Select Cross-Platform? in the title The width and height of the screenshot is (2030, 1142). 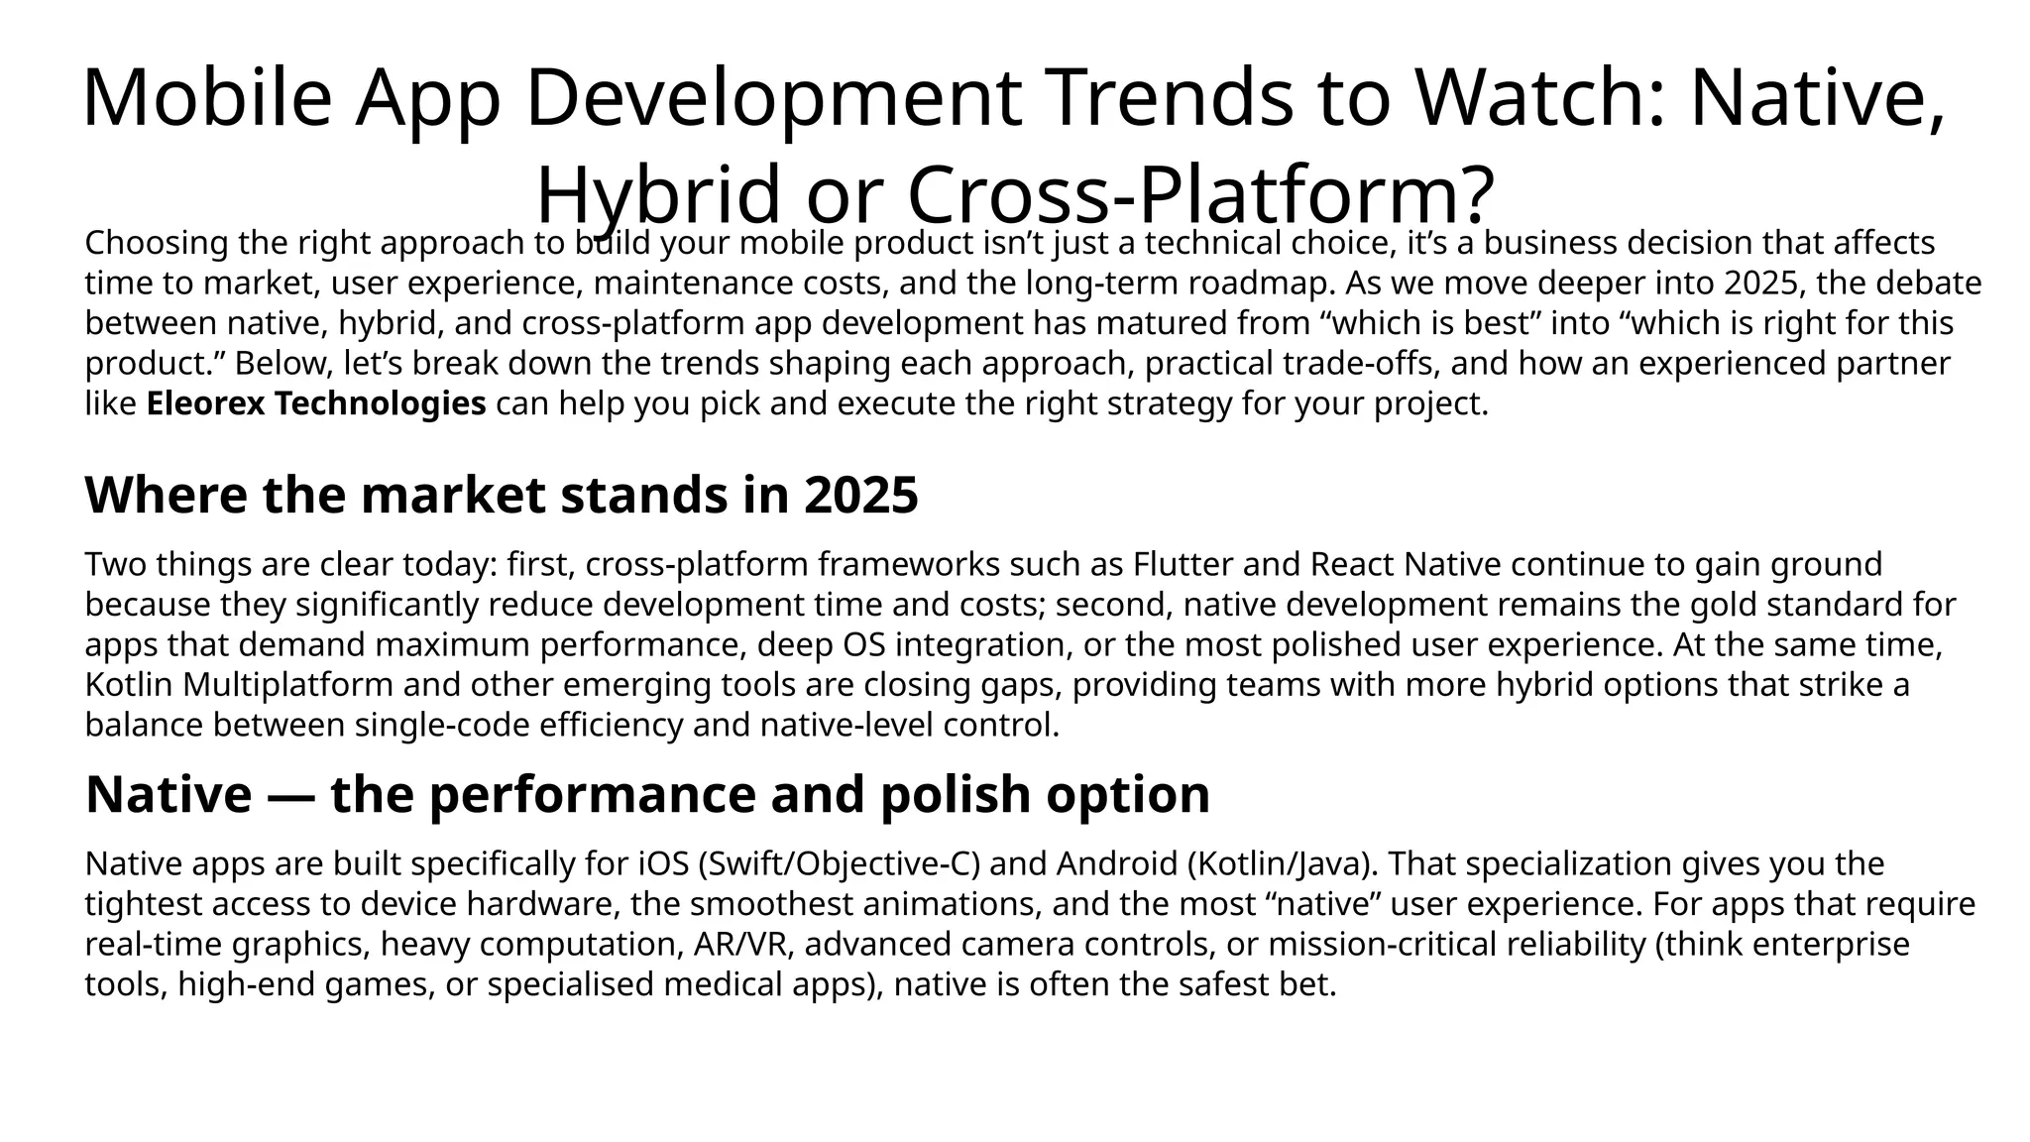pyautogui.click(x=1199, y=194)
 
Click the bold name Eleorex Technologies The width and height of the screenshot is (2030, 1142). pyautogui.click(x=316, y=404)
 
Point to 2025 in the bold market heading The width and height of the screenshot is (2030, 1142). pyautogui.click(x=861, y=496)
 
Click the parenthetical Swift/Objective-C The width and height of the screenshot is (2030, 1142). pyautogui.click(x=840, y=864)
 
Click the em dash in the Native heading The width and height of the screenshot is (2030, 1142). pyautogui.click(x=291, y=795)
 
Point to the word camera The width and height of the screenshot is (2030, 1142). pyautogui.click(x=1007, y=945)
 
